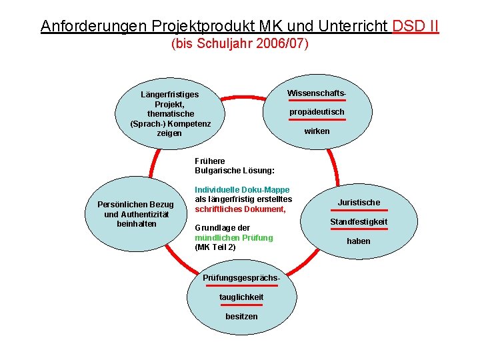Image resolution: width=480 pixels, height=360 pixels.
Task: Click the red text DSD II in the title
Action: pyautogui.click(x=416, y=26)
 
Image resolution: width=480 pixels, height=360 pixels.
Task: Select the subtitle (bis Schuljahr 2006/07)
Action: pyautogui.click(x=240, y=45)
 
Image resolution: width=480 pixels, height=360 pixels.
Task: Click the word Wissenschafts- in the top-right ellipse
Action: pyautogui.click(x=317, y=92)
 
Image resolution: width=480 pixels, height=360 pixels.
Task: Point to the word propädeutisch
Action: pyautogui.click(x=317, y=111)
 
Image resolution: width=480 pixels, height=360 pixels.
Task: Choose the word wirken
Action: pyautogui.click(x=317, y=131)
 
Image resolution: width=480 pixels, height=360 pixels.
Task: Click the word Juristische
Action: pyautogui.click(x=359, y=202)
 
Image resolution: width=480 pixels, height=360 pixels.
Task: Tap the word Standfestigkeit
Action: pyautogui.click(x=359, y=221)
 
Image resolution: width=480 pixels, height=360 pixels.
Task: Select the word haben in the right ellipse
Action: pyautogui.click(x=359, y=241)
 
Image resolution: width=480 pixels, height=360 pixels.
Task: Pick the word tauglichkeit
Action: pyautogui.click(x=241, y=297)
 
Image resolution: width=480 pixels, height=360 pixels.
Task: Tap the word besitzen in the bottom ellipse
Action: pyautogui.click(x=241, y=316)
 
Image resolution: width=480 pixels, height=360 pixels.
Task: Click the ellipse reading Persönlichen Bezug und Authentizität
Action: pyautogui.click(x=135, y=213)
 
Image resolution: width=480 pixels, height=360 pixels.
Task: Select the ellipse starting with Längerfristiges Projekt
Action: pyautogui.click(x=170, y=113)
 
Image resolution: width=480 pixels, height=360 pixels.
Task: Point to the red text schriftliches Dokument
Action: pyautogui.click(x=240, y=209)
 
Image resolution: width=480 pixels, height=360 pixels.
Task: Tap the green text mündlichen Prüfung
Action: pyautogui.click(x=233, y=237)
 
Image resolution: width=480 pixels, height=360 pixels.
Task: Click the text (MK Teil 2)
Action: pyautogui.click(x=215, y=247)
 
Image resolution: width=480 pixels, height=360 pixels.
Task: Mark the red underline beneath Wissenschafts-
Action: pyautogui.click(x=317, y=100)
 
